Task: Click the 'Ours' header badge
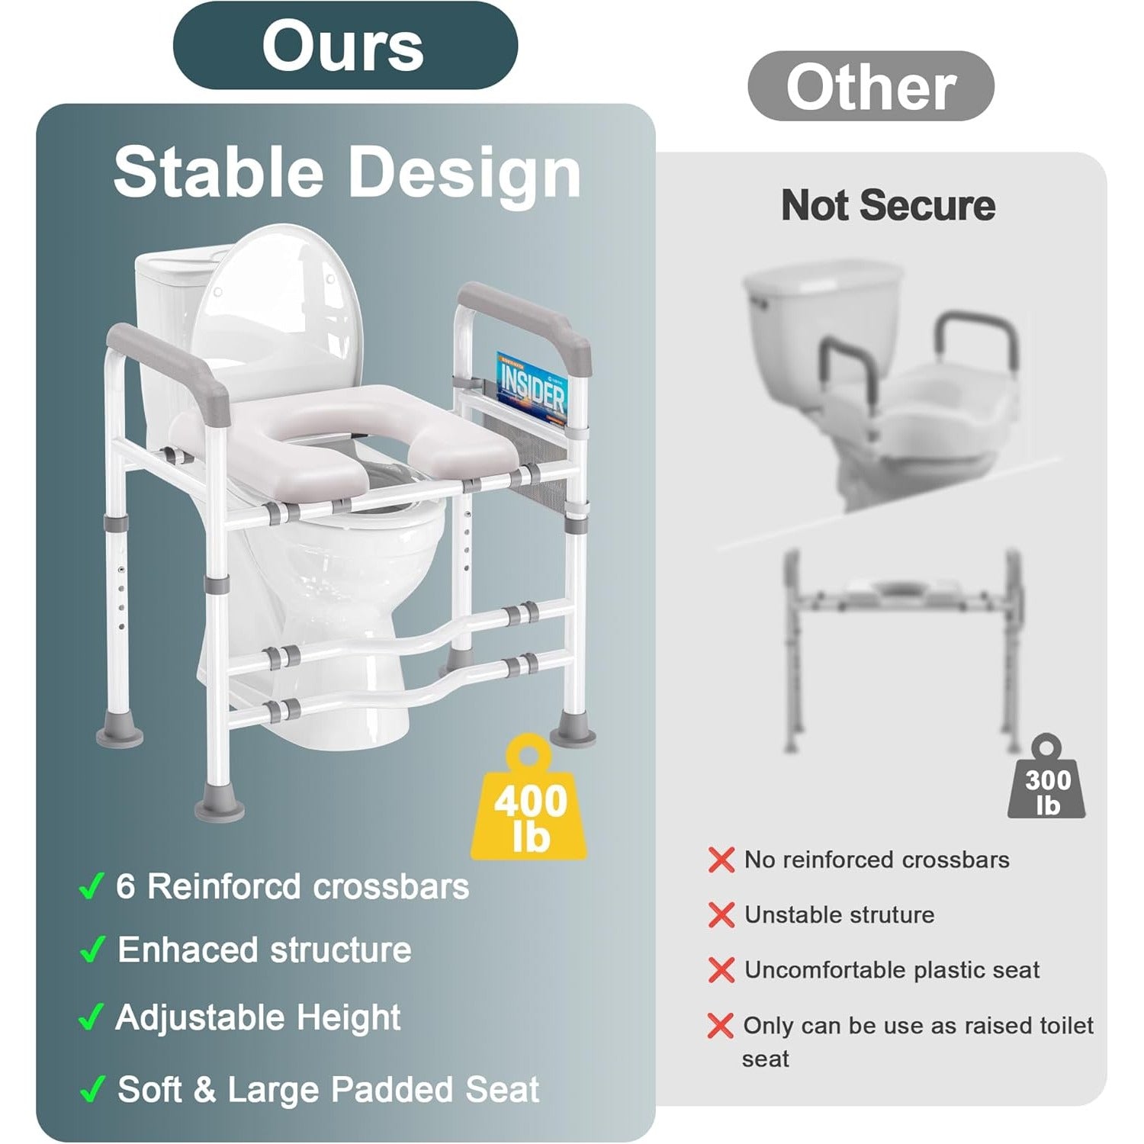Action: [x=345, y=46]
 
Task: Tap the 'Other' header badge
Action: [x=870, y=86]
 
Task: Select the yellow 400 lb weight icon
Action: [x=529, y=798]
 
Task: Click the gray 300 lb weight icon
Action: [x=1047, y=778]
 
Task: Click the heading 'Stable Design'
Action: [x=347, y=173]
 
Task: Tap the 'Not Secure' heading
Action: [x=888, y=206]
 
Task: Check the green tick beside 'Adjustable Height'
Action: [x=91, y=1017]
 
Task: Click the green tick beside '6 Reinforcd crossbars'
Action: [x=91, y=886]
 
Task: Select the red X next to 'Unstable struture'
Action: [x=721, y=914]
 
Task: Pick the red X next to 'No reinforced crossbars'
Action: [x=721, y=860]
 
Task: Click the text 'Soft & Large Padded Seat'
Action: [x=329, y=1089]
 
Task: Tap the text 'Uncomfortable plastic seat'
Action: [x=892, y=969]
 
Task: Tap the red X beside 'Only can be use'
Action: [x=721, y=1026]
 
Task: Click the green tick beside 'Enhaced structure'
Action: [x=91, y=950]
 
